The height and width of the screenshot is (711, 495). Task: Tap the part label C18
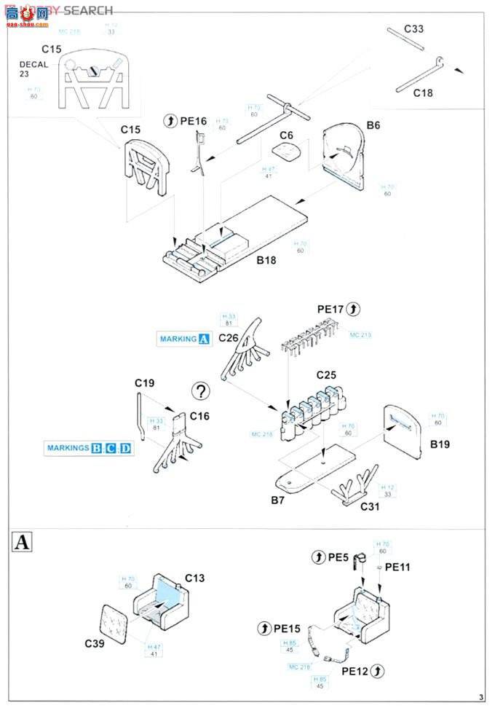point(423,93)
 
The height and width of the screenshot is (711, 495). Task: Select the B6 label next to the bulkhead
point(373,125)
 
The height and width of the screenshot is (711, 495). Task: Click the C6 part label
point(286,135)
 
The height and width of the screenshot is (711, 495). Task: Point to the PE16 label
point(193,121)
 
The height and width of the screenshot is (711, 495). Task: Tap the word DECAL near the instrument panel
point(34,64)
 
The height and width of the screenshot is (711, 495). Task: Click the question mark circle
point(200,391)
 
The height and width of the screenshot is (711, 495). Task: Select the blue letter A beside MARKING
point(204,339)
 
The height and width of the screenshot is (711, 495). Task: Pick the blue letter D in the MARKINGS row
point(126,448)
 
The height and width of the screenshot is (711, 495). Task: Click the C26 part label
point(228,337)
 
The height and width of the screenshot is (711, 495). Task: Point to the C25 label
point(325,375)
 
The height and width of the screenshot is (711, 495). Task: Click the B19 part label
point(440,444)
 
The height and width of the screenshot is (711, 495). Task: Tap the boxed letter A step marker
point(24,542)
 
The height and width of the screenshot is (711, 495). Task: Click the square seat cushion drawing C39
point(116,619)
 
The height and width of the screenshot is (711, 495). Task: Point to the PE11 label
point(397,567)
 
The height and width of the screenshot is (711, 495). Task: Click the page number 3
point(481,695)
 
